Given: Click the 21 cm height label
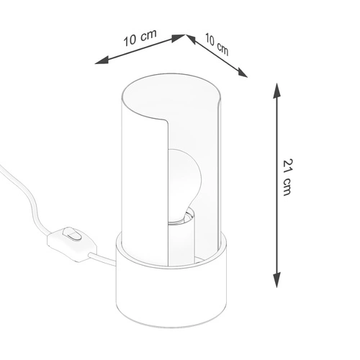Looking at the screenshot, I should click(x=288, y=179).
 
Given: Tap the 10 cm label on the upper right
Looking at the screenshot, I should click(x=217, y=45).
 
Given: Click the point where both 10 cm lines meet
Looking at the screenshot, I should click(x=185, y=34).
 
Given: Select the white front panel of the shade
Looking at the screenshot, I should click(x=144, y=180).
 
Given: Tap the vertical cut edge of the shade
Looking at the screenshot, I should click(x=168, y=187).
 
